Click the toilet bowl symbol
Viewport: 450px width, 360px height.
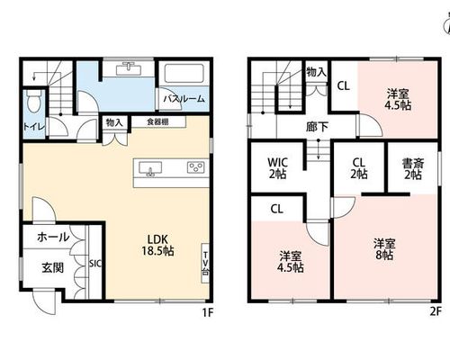33,101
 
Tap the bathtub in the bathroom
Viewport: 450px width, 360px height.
184,73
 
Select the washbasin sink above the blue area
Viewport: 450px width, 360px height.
129,68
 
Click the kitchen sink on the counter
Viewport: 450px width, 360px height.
150,168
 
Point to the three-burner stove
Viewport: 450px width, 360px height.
196,167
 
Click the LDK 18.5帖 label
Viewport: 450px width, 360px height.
157,245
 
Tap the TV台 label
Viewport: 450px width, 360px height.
205,264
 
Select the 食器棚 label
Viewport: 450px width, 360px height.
157,121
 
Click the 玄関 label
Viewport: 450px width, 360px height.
53,267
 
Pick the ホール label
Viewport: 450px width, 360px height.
53,238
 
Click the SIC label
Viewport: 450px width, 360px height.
95,264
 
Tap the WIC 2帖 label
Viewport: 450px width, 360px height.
277,168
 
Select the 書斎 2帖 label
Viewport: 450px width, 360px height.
413,169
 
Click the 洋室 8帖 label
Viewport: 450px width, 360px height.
384,249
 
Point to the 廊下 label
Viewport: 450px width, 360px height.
317,127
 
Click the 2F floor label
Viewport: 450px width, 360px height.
436,312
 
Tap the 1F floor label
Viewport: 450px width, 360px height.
208,313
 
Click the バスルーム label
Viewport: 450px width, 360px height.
184,99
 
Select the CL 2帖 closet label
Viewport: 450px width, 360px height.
359,168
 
